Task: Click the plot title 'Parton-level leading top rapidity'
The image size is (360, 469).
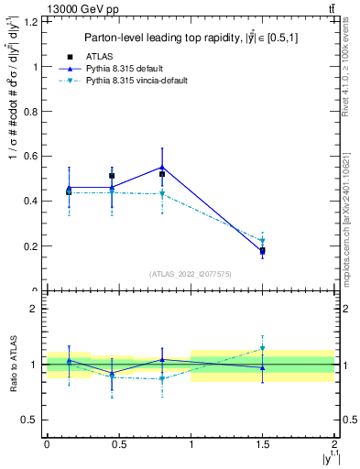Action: click(183, 38)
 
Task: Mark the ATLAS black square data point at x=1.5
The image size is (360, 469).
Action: click(262, 250)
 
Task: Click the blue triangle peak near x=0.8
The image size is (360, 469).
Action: click(162, 167)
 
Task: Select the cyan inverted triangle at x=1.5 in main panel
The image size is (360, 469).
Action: click(262, 241)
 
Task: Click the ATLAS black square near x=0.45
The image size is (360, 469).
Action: click(112, 175)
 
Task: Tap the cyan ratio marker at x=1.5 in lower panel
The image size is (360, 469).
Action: click(262, 348)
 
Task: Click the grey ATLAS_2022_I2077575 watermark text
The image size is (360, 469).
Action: click(191, 274)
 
